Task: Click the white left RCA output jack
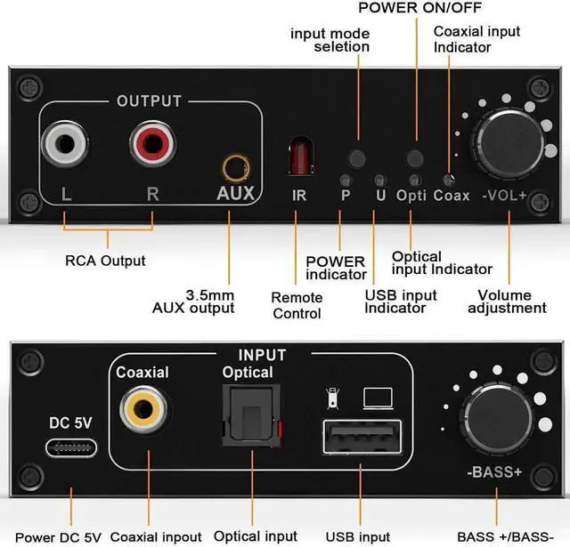coord(65,144)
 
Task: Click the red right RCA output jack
coord(152,143)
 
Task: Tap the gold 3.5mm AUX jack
coord(236,168)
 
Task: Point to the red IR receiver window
coord(300,156)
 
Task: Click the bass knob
coord(497,419)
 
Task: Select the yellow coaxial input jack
coord(143,410)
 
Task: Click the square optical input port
coord(251,415)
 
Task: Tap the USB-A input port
coord(362,437)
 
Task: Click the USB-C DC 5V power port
coord(71,448)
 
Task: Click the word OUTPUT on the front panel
coord(149,101)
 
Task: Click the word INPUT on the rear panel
coord(262,355)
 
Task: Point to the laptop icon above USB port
coord(378,398)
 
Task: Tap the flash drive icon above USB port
coord(332,398)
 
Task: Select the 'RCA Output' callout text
coord(105,261)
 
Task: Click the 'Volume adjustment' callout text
coord(507,302)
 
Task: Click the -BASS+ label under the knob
coord(494,472)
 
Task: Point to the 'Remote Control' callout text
coord(297,306)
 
